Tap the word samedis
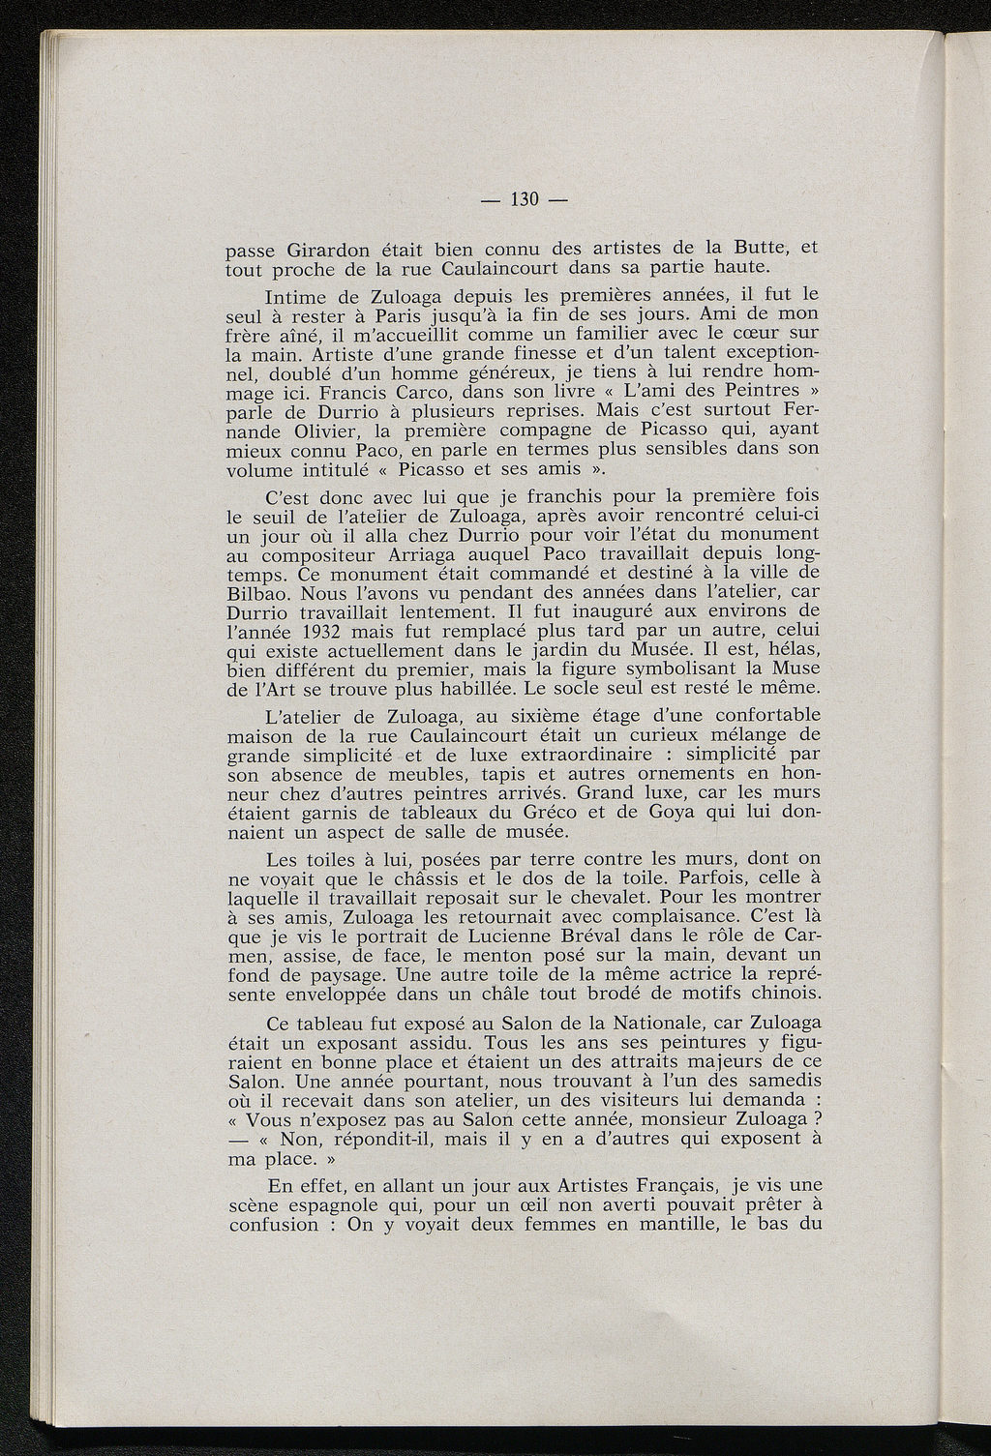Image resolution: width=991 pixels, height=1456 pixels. pyautogui.click(x=781, y=1081)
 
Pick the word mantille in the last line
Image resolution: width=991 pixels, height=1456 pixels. pyautogui.click(x=684, y=1224)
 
